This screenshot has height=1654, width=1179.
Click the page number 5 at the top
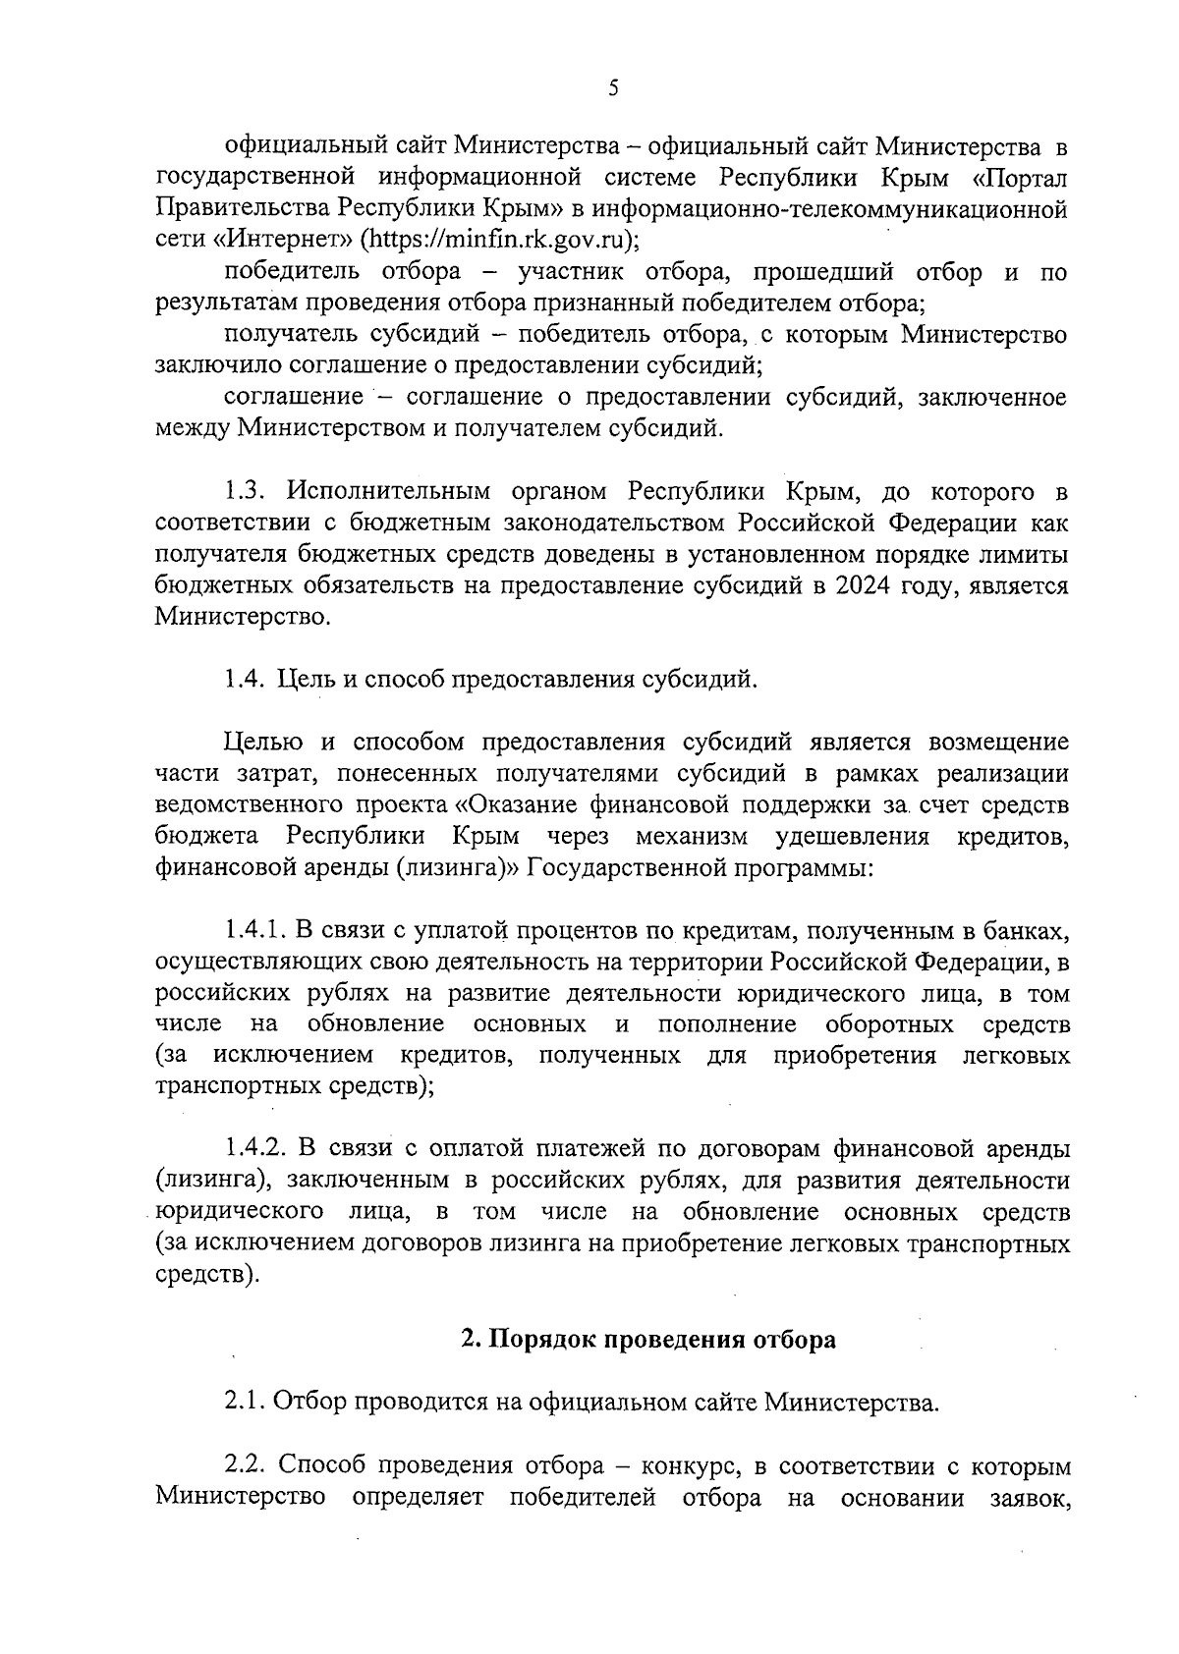[x=613, y=88]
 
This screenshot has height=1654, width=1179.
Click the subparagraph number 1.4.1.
[x=253, y=931]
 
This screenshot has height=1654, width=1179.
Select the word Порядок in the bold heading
[x=538, y=1340]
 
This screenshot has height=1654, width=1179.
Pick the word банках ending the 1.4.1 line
[x=1024, y=931]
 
